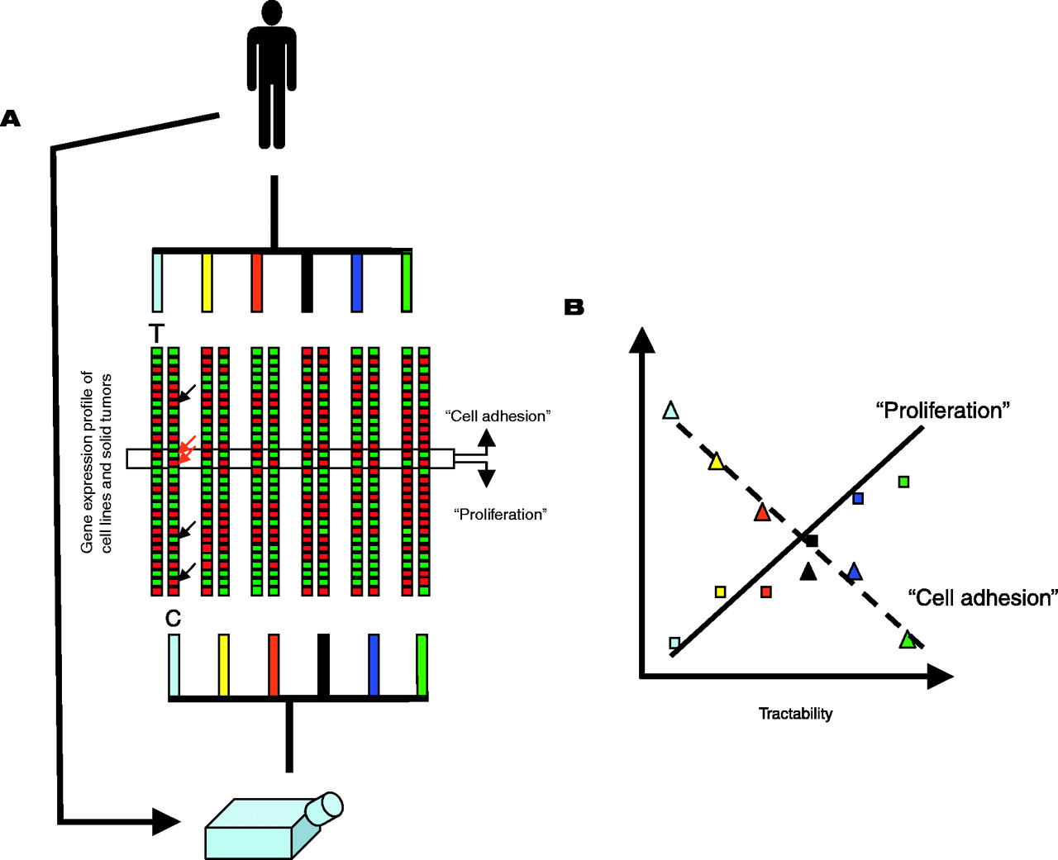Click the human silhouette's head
(x=271, y=13)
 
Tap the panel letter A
(x=10, y=119)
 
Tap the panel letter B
(x=574, y=307)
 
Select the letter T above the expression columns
(x=156, y=334)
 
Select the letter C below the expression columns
(x=173, y=619)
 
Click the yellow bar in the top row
(x=207, y=283)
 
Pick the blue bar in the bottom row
(x=374, y=665)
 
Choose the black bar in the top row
(x=307, y=283)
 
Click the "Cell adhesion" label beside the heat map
(x=498, y=416)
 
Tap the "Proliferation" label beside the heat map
(x=500, y=515)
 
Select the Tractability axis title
(x=795, y=714)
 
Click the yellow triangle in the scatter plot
(x=716, y=462)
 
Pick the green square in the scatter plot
(x=903, y=482)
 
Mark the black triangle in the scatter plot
(x=808, y=571)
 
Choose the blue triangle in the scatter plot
(x=854, y=572)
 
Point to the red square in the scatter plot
(x=766, y=592)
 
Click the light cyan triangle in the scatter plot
(x=670, y=411)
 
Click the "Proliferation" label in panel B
(x=942, y=411)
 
